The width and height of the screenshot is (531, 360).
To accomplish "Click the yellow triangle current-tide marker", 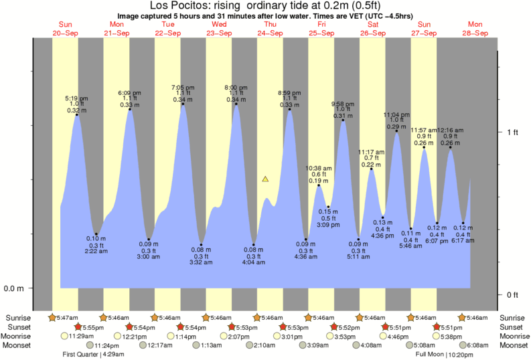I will [265, 179].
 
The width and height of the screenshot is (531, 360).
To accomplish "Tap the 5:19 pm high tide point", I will [77, 115].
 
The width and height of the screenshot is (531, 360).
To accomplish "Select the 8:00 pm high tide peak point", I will [236, 104].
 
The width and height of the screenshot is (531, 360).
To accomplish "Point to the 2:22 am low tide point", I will [96, 234].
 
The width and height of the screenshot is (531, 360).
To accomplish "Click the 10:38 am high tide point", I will [318, 185].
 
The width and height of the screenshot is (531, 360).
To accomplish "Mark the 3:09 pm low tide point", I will [328, 207].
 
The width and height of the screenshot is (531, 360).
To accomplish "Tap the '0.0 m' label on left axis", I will [14, 288].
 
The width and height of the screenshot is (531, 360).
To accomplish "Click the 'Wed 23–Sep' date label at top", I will [219, 28].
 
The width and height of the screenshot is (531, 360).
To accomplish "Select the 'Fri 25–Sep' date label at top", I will [321, 28].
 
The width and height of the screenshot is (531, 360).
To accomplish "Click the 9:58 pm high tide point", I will [343, 120].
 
